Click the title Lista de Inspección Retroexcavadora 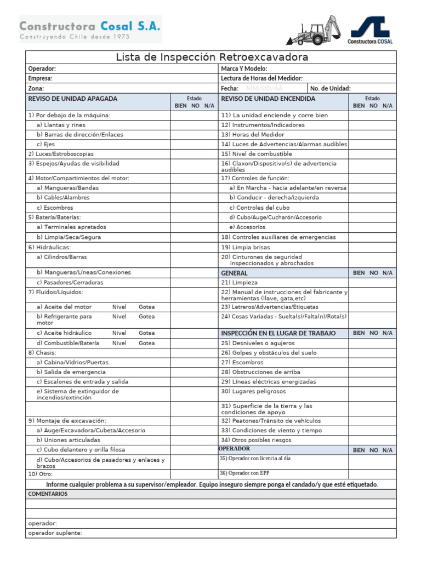click(212, 58)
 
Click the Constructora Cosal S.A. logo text click(90, 26)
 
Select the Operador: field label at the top click(42, 69)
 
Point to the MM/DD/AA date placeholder click(264, 88)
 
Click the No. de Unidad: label click(330, 88)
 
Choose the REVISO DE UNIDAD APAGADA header click(72, 99)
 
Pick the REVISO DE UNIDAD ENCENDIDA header click(268, 99)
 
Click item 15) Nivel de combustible click(257, 154)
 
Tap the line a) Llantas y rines click(61, 125)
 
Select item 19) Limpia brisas click(246, 247)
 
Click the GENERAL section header click(234, 273)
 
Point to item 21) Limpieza click(239, 283)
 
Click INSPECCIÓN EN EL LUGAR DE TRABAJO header click(278, 333)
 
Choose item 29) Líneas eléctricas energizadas click(268, 382)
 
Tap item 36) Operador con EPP click(244, 473)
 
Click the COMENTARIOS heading click(48, 494)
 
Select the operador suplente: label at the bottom click(55, 533)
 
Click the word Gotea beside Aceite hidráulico click(146, 333)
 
